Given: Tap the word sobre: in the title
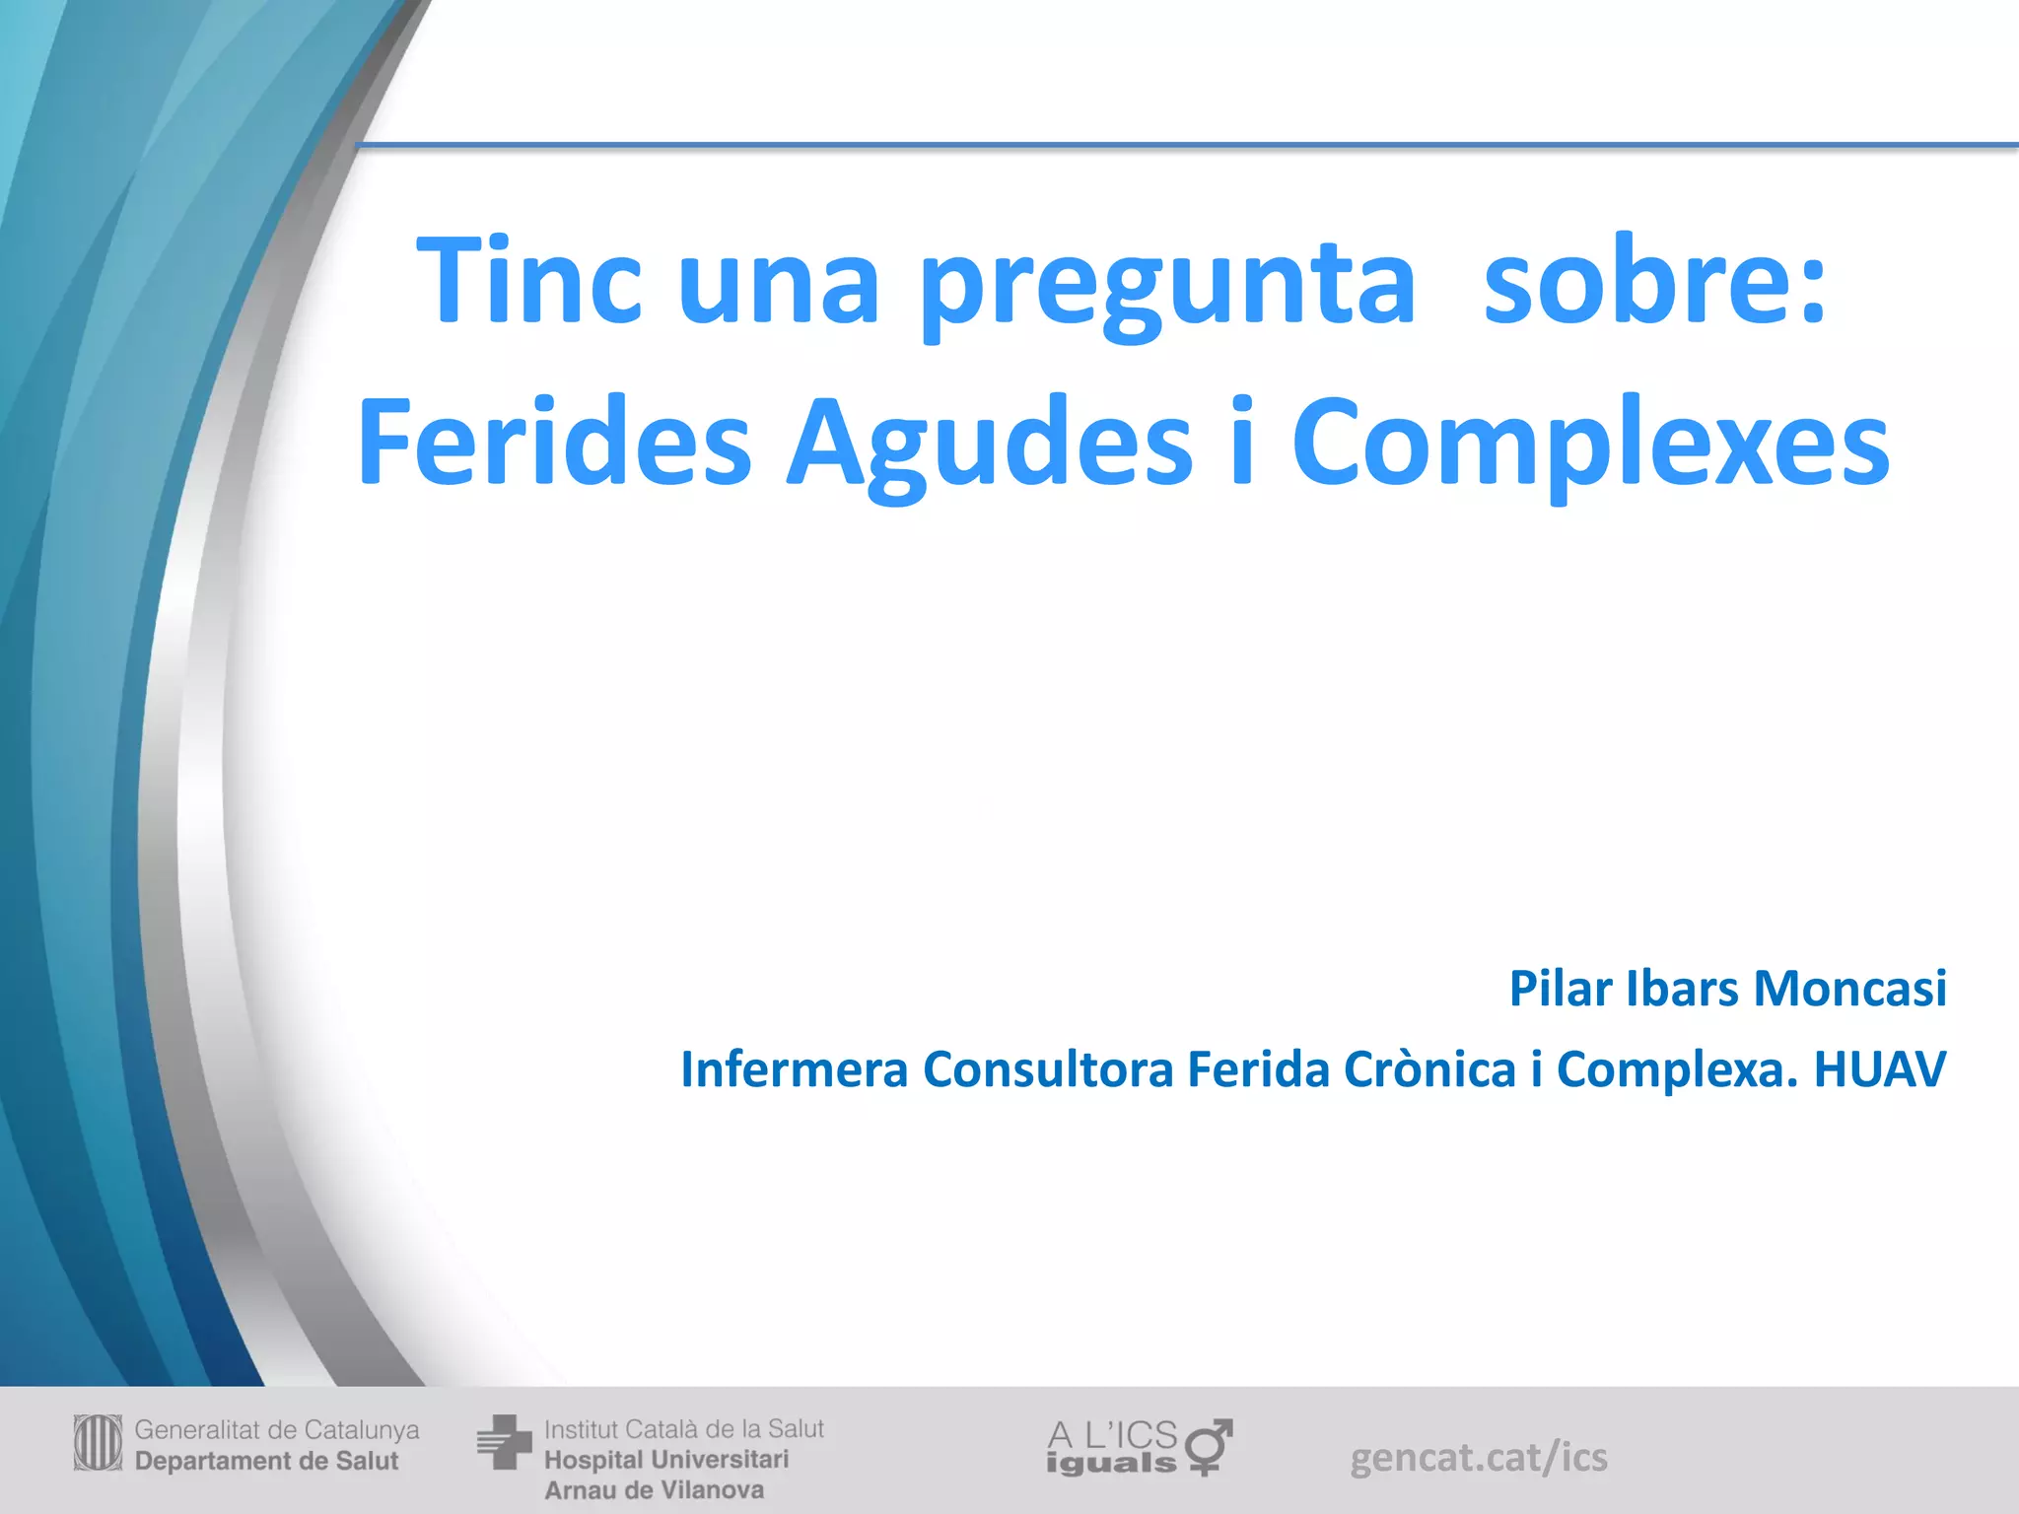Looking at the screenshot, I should click(1655, 281).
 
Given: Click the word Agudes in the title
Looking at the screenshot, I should click(989, 446).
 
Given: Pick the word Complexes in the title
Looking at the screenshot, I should click(1590, 446).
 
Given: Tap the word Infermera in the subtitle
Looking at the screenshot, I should click(794, 1069).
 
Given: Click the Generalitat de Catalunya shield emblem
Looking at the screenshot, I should click(98, 1443).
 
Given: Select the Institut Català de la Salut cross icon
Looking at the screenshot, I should click(504, 1443).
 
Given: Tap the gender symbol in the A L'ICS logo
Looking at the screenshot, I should click(1209, 1446).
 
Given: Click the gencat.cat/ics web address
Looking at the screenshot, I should click(1478, 1457).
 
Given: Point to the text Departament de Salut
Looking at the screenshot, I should click(266, 1461).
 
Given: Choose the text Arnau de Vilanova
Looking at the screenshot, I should click(654, 1490).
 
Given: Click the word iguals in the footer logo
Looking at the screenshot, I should click(1111, 1463).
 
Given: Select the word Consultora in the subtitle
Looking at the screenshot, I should click(1048, 1069).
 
